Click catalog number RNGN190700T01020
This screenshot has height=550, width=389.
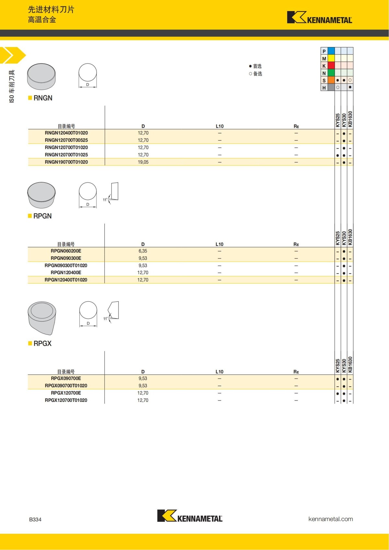pyautogui.click(x=66, y=162)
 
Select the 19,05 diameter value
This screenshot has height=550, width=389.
pyautogui.click(x=143, y=162)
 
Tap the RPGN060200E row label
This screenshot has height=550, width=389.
pyautogui.click(x=66, y=251)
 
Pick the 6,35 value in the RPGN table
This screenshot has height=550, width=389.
pyautogui.click(x=143, y=251)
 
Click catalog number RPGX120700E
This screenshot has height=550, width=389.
pyautogui.click(x=66, y=393)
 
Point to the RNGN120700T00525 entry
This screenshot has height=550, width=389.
pyautogui.click(x=66, y=140)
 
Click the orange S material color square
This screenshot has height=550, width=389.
pyautogui.click(x=331, y=80)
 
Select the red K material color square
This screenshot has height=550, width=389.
pyautogui.click(x=331, y=65)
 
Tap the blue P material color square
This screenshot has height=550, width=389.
pyautogui.click(x=331, y=51)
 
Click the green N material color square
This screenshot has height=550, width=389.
pyautogui.click(x=331, y=73)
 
